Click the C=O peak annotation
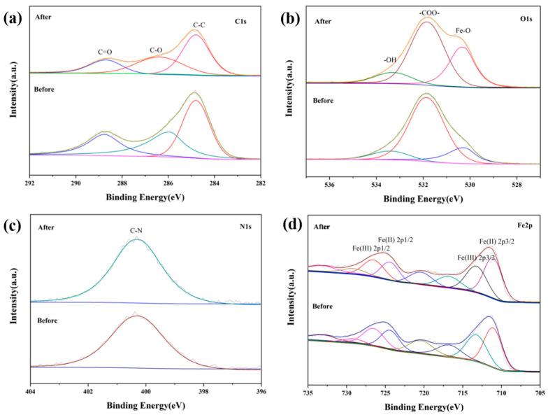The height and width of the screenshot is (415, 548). pyautogui.click(x=105, y=51)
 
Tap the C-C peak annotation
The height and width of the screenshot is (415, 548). pyautogui.click(x=199, y=25)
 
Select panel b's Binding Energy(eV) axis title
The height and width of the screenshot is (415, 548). pyautogui.click(x=422, y=199)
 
